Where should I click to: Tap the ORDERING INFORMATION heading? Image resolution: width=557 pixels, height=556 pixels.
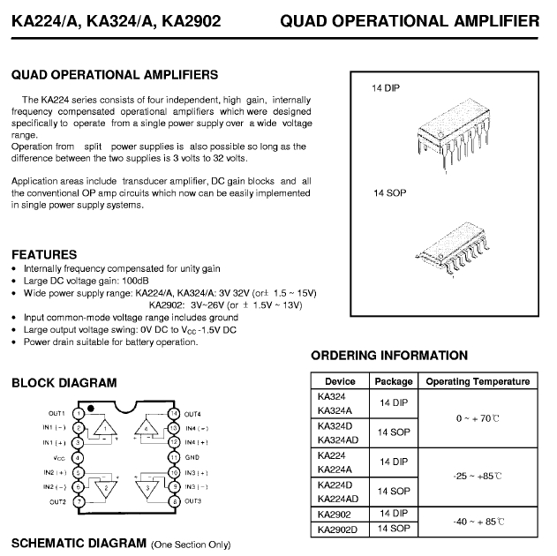click(x=389, y=356)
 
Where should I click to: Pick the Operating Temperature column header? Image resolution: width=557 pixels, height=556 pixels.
click(x=478, y=381)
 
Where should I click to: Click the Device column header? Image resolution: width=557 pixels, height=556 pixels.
click(x=340, y=381)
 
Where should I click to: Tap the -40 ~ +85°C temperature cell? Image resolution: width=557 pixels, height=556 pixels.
click(x=478, y=522)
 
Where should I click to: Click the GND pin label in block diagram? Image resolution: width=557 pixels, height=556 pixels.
click(x=193, y=457)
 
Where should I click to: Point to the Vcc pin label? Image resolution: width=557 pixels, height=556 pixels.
click(x=58, y=457)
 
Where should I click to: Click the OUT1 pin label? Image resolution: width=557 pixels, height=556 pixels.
click(x=56, y=413)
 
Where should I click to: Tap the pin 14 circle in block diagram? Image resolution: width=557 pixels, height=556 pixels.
click(x=173, y=413)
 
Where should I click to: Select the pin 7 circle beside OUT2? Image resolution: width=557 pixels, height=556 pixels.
click(x=79, y=501)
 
